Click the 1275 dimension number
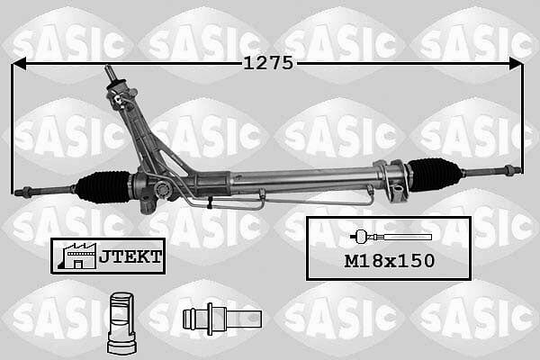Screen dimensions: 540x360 tap(268, 63)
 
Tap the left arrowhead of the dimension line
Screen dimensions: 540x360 tap(19, 64)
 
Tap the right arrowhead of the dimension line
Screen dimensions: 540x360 tap(516, 64)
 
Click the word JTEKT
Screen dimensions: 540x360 tap(130, 256)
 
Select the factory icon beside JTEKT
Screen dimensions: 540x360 tap(76, 256)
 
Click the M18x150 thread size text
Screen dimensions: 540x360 tap(390, 261)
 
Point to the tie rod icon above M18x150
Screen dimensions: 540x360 tap(391, 237)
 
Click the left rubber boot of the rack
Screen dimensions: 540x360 tap(103, 187)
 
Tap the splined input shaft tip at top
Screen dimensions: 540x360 tap(110, 72)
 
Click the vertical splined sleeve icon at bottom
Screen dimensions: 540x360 tap(121, 323)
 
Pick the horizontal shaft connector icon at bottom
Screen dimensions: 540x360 tap(222, 319)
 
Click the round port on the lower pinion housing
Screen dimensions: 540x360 tap(161, 189)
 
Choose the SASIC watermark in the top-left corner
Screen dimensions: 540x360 tap(68, 44)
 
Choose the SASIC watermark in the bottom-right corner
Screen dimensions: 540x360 tap(474, 318)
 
